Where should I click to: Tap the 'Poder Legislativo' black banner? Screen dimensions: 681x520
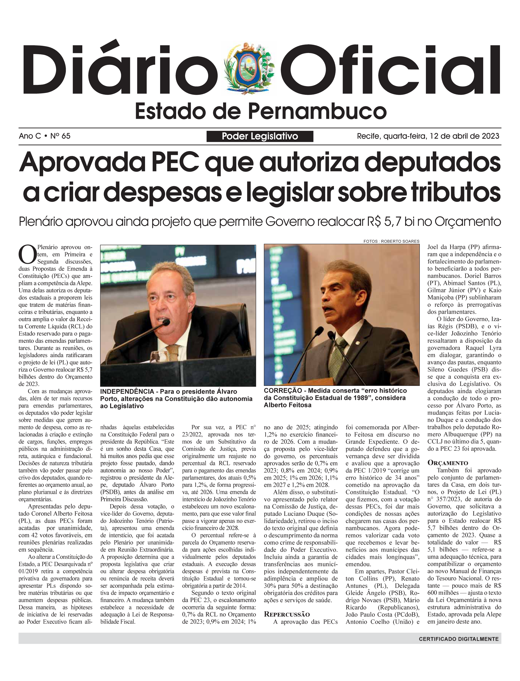point(260,136)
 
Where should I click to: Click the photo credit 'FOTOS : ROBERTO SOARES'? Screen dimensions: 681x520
point(391,241)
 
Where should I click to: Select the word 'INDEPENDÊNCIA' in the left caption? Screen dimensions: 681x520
point(127,391)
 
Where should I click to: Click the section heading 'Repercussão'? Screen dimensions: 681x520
point(287,614)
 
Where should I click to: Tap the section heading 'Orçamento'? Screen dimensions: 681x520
point(448,463)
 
